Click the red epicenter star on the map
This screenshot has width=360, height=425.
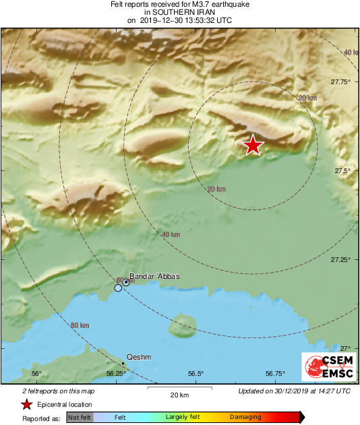tap(253, 145)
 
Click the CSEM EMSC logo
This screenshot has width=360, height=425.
tap(328, 368)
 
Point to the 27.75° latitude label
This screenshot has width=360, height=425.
tap(340, 81)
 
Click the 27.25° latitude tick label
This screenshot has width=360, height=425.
tap(340, 259)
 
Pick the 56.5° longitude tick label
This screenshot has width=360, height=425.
tap(196, 374)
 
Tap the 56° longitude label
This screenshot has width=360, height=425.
tap(37, 374)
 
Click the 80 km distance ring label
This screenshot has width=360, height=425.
tap(80, 326)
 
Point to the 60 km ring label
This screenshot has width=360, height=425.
tap(121, 280)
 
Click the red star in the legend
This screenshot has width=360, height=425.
tap(26, 404)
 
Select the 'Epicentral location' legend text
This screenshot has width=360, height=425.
tap(65, 404)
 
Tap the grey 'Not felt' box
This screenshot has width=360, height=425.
tap(80, 418)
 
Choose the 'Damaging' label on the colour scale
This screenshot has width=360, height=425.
tap(245, 418)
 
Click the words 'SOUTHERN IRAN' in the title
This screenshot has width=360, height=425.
tap(179, 12)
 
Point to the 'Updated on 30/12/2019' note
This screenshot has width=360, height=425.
tap(294, 391)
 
